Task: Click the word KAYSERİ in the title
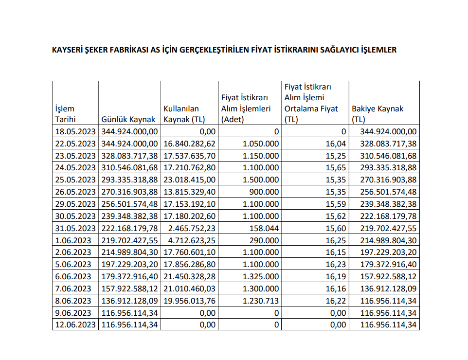point(68,50)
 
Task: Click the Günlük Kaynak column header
point(128,120)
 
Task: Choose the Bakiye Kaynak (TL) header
point(378,114)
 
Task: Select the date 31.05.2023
point(75,228)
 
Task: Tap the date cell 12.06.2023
point(75,325)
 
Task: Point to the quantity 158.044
point(265,228)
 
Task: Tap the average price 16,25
point(337,240)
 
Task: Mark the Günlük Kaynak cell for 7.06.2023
point(130,289)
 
